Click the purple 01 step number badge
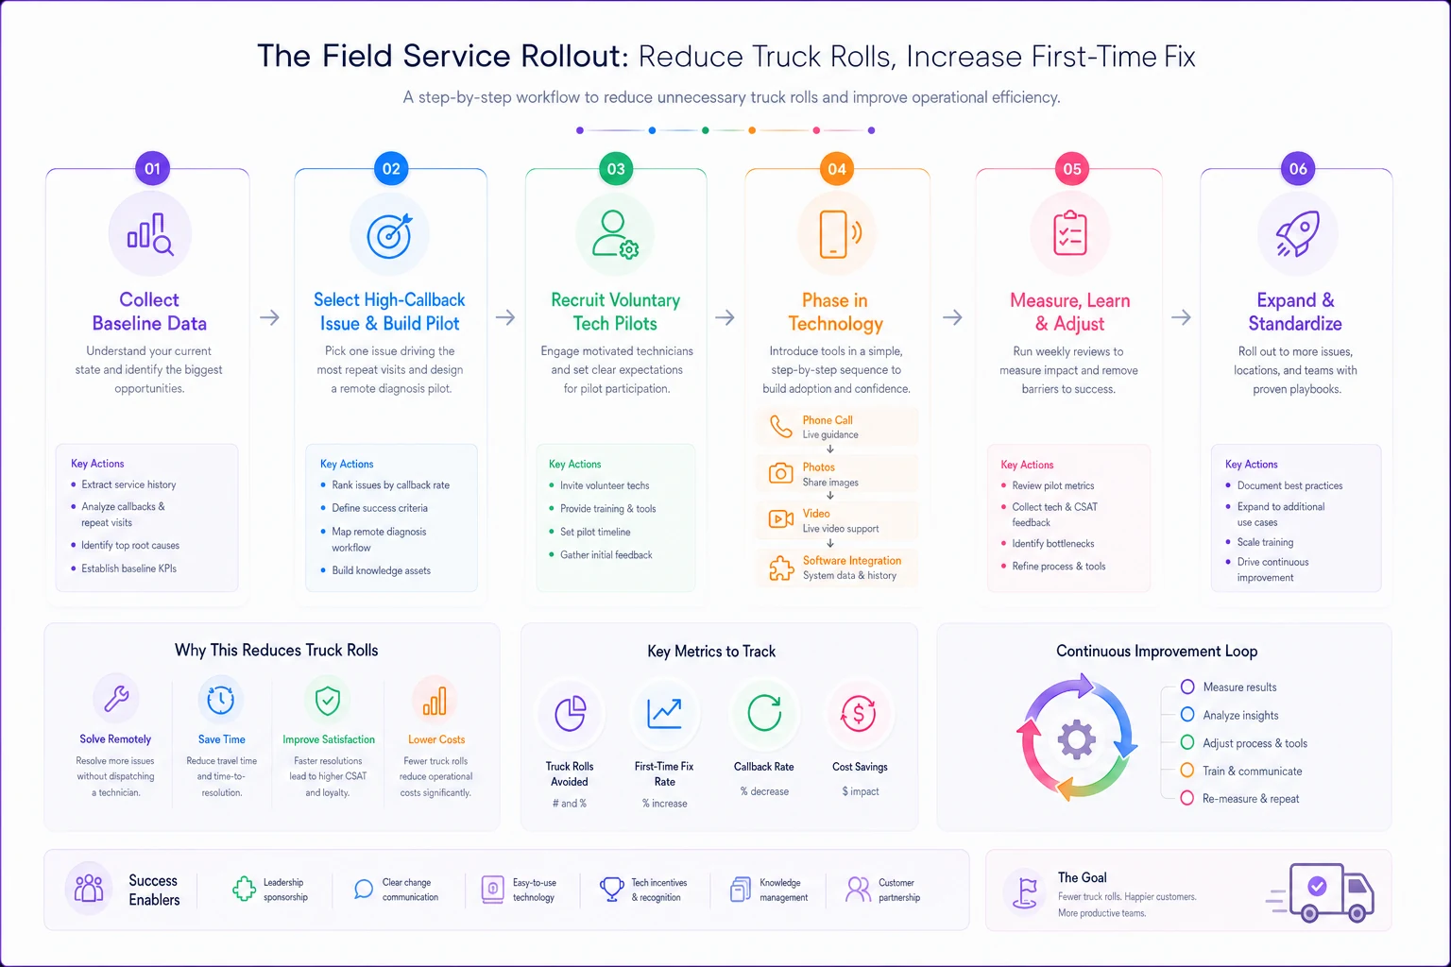click(152, 168)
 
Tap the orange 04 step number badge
click(836, 169)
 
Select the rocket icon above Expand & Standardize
click(1297, 233)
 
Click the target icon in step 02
click(389, 235)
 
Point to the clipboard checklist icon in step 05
click(1069, 232)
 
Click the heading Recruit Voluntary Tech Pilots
click(615, 312)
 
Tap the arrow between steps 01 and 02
click(269, 317)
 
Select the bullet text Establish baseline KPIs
click(128, 568)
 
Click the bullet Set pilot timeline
click(595, 532)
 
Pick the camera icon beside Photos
click(780, 473)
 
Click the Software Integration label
click(852, 560)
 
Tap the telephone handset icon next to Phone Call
click(780, 427)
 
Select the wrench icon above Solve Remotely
click(116, 698)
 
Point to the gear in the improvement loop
click(1077, 739)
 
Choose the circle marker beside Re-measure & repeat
click(1186, 798)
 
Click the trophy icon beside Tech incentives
click(611, 890)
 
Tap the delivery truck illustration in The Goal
click(1321, 891)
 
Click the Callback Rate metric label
click(763, 766)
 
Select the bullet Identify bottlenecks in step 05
click(1052, 543)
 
